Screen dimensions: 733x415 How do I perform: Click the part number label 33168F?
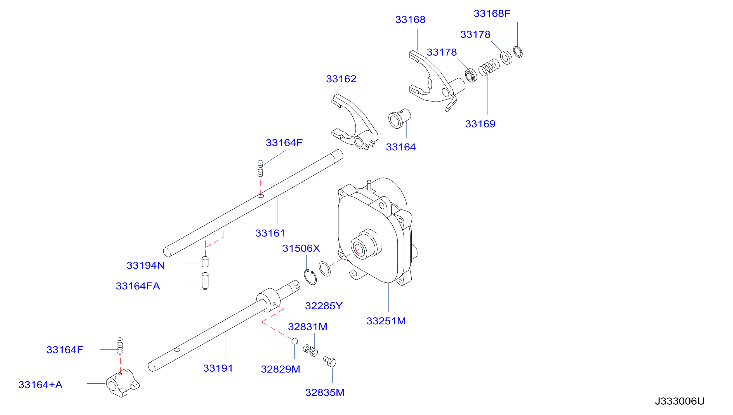(492, 13)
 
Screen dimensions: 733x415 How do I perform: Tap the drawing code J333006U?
(679, 401)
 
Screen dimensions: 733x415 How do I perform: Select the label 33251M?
(386, 321)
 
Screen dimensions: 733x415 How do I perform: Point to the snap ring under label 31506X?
(310, 277)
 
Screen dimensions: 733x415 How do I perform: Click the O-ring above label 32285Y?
(325, 269)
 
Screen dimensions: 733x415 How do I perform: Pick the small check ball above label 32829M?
(295, 341)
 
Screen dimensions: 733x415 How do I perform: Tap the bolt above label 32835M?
(330, 361)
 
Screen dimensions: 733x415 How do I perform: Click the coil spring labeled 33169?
(489, 68)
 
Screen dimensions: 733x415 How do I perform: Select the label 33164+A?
(41, 385)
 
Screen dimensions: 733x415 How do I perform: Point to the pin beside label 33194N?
(205, 262)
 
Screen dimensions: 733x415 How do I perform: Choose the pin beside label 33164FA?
(205, 281)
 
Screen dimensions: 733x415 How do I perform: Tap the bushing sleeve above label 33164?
(400, 118)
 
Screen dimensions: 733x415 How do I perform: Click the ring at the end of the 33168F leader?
(518, 52)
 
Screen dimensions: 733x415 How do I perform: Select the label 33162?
(341, 79)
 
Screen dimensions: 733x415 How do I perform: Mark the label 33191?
(218, 368)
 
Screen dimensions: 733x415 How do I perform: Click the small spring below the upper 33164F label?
(260, 168)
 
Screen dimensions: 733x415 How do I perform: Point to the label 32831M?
(308, 327)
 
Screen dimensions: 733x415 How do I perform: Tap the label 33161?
(270, 233)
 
